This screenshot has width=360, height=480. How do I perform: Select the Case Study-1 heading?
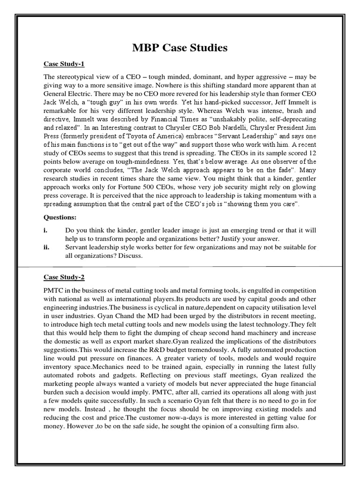point(62,64)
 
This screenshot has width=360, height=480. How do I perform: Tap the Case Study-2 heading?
point(62,277)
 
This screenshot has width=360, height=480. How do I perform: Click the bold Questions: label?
point(60,217)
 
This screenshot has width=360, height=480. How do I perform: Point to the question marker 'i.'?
point(46,231)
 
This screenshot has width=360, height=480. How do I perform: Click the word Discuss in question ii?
point(127,256)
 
